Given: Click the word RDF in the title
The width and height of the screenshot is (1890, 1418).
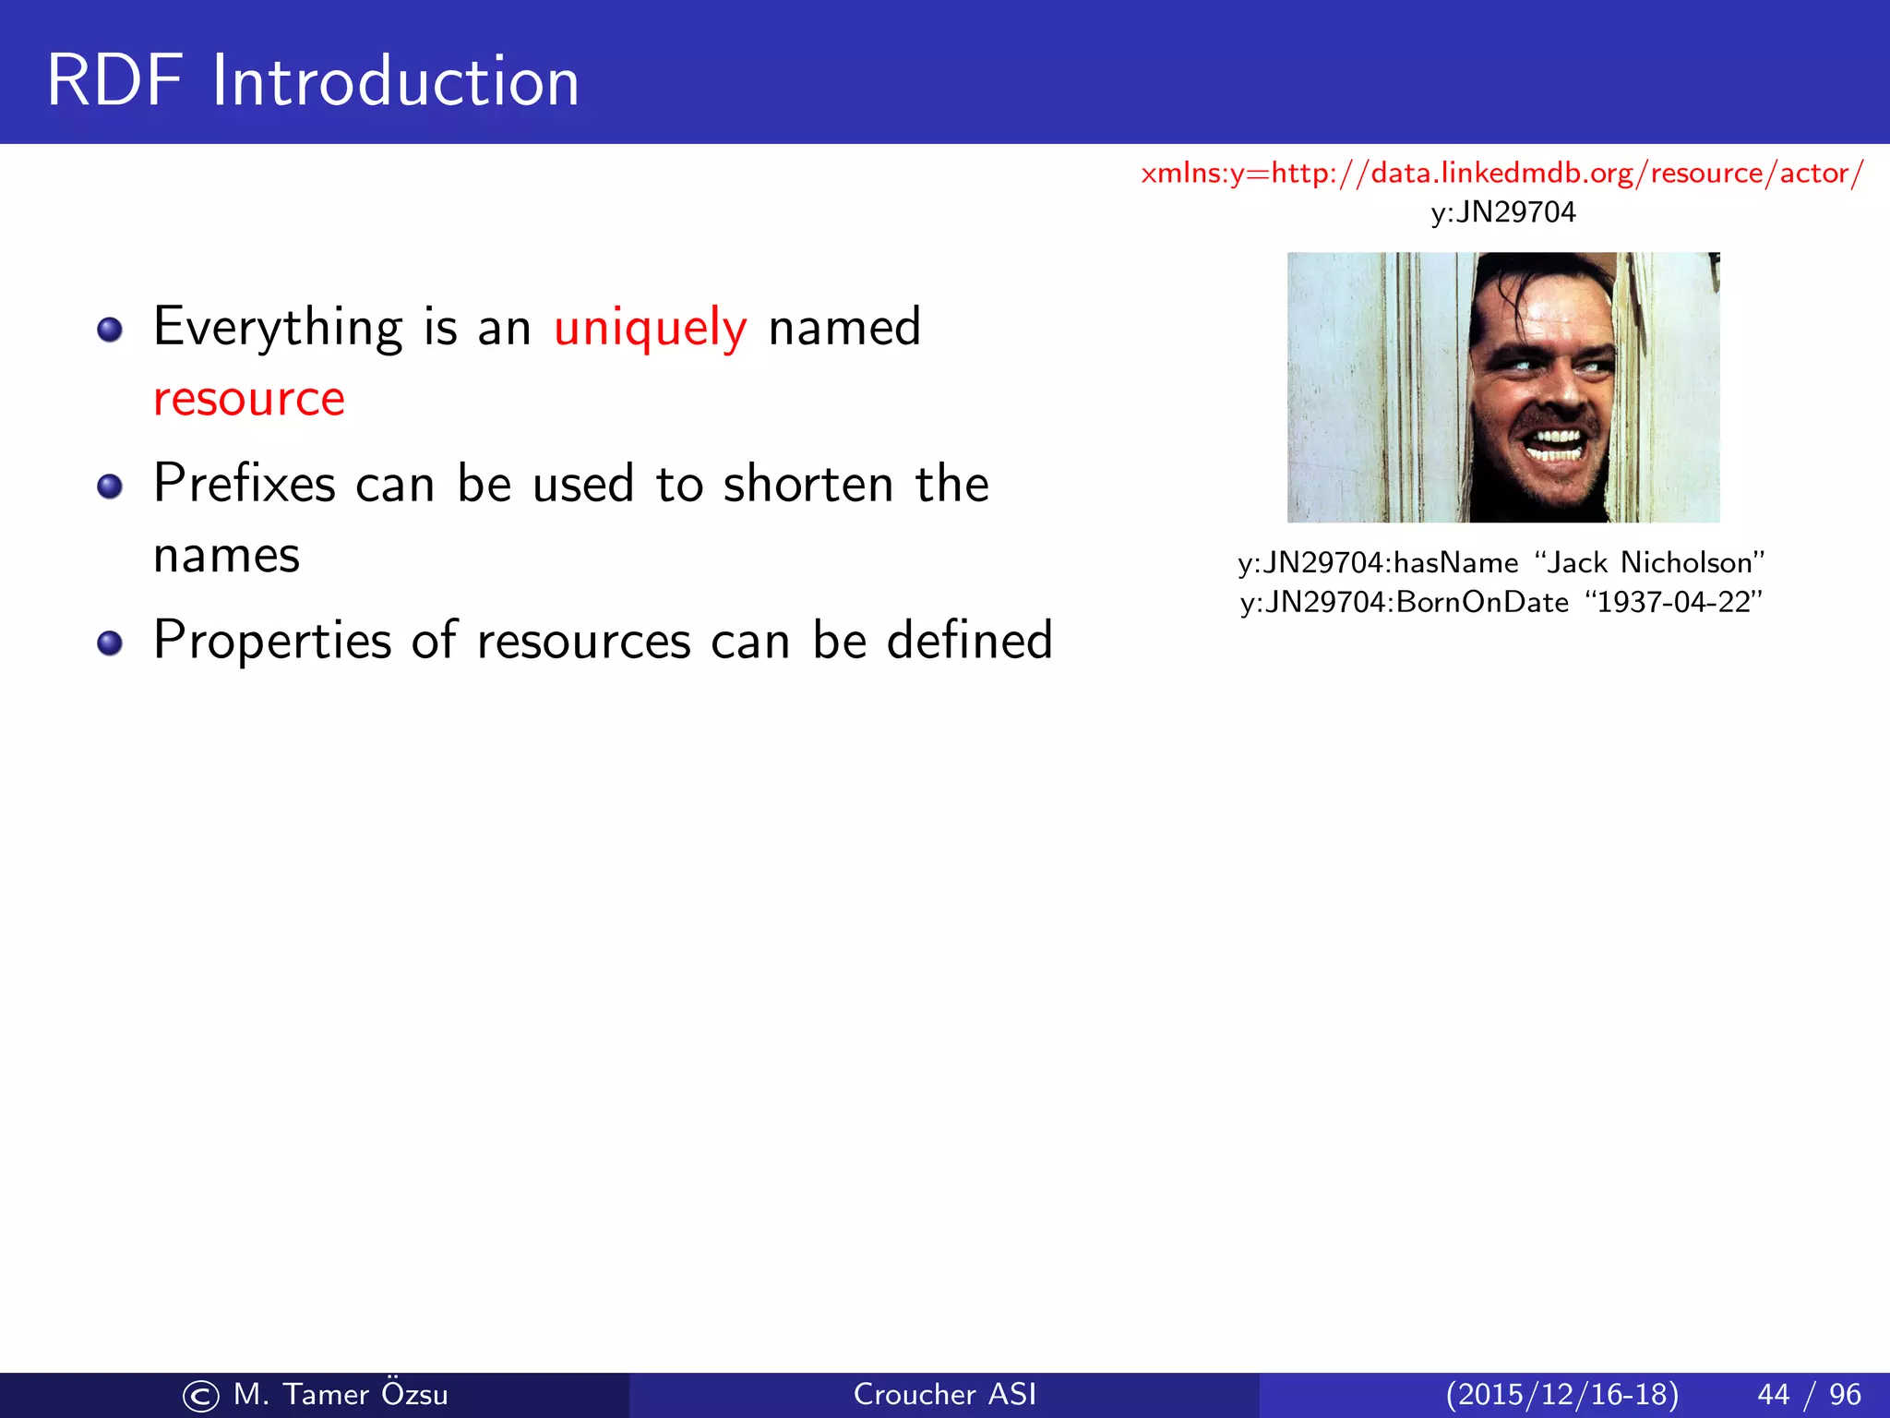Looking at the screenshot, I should pos(114,81).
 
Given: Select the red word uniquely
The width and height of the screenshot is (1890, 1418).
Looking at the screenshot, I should pos(650,329).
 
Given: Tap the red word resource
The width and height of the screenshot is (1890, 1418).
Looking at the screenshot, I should pos(249,399).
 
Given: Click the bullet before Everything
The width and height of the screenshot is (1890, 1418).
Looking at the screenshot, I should pos(110,330).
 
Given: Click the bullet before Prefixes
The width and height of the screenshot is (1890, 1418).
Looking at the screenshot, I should pos(110,487).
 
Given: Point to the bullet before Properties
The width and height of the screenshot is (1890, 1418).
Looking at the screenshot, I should pos(110,643).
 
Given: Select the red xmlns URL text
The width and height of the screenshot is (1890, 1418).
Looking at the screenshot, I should pos(1501,174).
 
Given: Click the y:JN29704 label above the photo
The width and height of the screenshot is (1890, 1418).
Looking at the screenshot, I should pos(1503,212).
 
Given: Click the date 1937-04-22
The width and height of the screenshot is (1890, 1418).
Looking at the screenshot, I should pos(1673,602).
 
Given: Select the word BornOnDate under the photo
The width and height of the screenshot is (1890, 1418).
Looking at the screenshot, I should pos(1482,602).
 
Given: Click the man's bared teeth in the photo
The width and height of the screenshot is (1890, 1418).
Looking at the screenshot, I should pos(1557,445).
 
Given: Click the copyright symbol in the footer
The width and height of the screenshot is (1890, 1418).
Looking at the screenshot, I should pos(201,1396).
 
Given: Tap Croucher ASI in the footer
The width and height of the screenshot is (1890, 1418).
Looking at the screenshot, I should pos(944,1394).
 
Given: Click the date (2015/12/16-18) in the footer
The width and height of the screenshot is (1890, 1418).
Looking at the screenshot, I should pos(1561,1394).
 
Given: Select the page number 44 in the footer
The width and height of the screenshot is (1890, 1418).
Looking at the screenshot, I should pos(1773,1394).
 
